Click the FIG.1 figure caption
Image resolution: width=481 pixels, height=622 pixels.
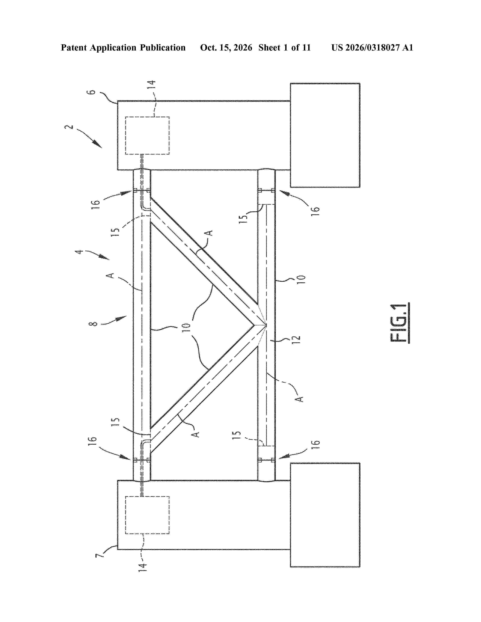pyautogui.click(x=400, y=323)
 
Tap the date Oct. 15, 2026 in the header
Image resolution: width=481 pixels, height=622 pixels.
pyautogui.click(x=226, y=47)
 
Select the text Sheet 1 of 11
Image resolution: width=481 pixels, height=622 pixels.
pyautogui.click(x=284, y=47)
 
